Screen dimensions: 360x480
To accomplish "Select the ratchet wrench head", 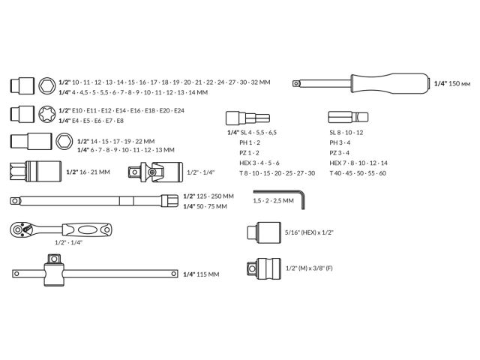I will pos(22,229).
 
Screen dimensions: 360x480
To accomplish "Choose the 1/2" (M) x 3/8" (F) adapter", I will pos(262,268).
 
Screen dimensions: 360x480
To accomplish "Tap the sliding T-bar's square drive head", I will pos(52,274).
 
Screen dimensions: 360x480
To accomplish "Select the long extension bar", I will pos(90,200).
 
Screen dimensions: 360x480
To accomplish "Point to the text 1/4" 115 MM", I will pos(202,274).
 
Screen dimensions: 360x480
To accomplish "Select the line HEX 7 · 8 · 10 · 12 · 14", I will pos(358,163).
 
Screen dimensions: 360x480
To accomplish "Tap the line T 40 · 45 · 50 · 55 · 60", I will pos(357,173).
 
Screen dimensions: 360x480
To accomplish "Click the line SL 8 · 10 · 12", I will pos(346,132).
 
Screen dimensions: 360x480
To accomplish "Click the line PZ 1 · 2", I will pos(250,152).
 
